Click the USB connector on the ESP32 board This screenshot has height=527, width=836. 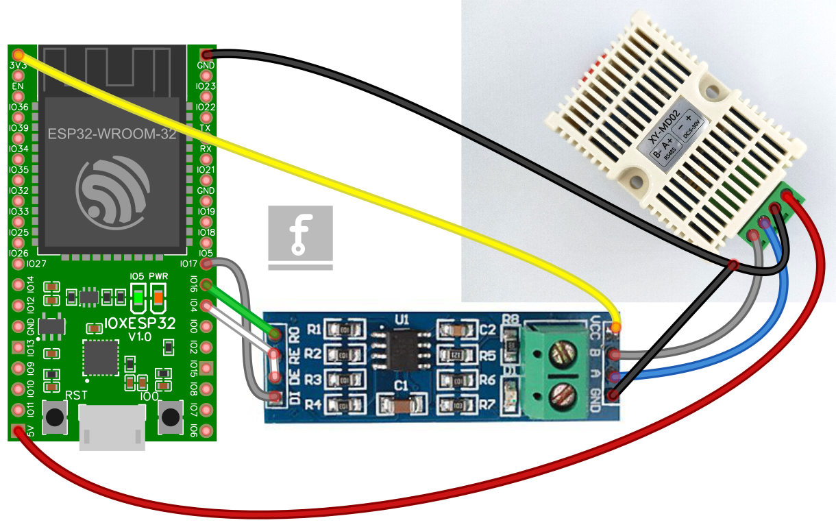coord(112,426)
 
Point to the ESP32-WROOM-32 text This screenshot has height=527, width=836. coord(112,134)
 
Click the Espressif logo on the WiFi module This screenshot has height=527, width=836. coord(112,191)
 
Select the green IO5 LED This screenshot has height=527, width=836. coord(138,297)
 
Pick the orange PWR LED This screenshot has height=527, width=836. coord(158,297)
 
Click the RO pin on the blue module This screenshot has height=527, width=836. coord(275,334)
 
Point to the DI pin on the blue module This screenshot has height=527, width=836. coord(275,397)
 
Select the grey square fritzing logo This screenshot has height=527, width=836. coord(300,236)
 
